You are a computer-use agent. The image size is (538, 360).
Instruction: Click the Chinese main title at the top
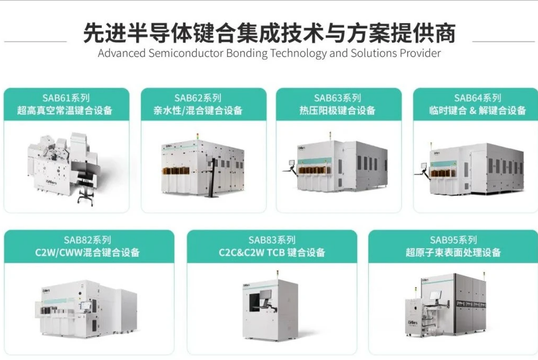(269, 33)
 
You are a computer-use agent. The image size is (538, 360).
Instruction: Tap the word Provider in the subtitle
(420, 53)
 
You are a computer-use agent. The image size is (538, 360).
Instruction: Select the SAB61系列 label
(66, 98)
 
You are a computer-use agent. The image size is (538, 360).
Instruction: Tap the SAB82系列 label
(88, 240)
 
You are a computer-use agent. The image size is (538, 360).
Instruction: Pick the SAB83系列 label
(272, 240)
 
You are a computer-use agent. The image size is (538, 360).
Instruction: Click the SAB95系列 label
(453, 240)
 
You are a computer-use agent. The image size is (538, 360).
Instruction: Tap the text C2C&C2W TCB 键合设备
(272, 252)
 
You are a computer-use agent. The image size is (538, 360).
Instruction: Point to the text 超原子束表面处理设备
(453, 252)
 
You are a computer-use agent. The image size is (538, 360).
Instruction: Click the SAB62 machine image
(202, 166)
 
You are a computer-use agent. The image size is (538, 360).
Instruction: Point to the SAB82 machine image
(88, 310)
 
